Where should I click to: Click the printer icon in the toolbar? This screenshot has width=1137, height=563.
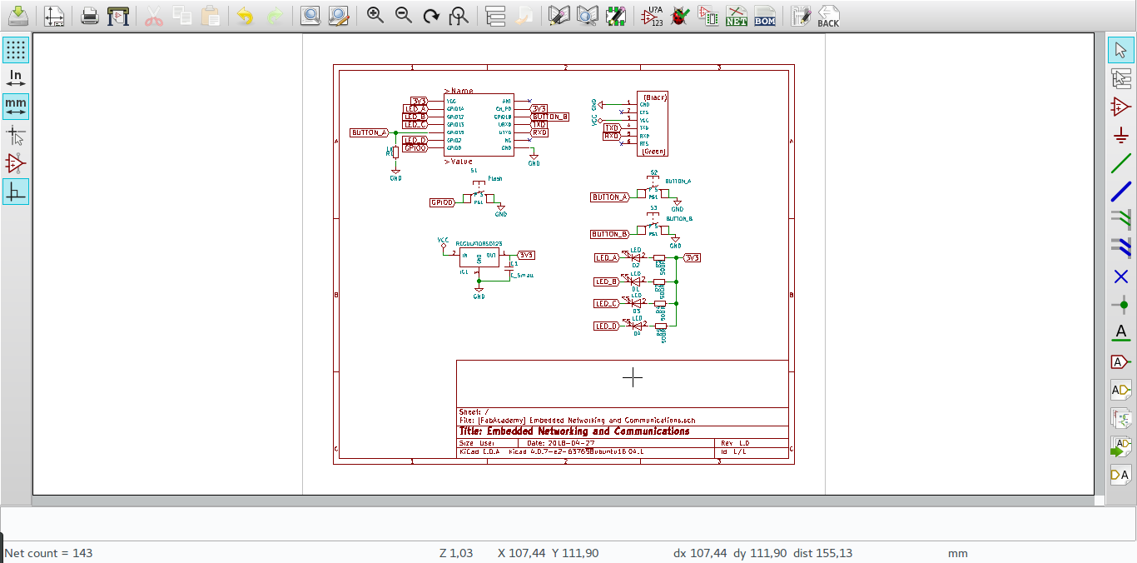90,16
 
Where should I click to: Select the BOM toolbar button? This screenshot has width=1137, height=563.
765,16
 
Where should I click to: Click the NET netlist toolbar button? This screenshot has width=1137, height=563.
737,16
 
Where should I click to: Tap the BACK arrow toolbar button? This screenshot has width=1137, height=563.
827,16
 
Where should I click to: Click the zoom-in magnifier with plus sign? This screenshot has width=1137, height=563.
375,16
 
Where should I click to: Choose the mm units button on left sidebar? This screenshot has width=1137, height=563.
15,106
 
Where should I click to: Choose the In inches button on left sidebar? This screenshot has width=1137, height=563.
15,78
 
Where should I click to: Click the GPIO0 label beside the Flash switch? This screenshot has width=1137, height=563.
442,202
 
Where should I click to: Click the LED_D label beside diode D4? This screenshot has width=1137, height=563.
606,326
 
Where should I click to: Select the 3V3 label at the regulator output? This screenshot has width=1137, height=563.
526,255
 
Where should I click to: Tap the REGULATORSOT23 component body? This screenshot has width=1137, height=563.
479,257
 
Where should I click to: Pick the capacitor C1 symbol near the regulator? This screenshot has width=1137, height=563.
509,268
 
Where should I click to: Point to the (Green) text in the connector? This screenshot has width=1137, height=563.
653,152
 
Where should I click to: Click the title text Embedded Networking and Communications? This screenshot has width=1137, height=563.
574,431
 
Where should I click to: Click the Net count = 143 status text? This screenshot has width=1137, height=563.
48,553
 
